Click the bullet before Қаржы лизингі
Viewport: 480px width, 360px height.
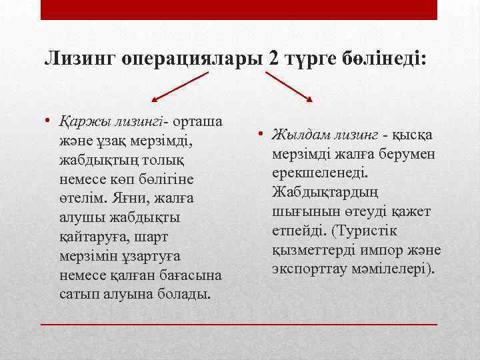pos(49,122)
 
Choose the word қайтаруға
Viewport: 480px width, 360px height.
pos(91,237)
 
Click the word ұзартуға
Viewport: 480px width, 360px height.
pos(150,256)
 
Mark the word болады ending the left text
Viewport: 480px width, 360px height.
pos(177,295)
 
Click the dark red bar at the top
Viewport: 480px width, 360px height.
pos(239,9)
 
